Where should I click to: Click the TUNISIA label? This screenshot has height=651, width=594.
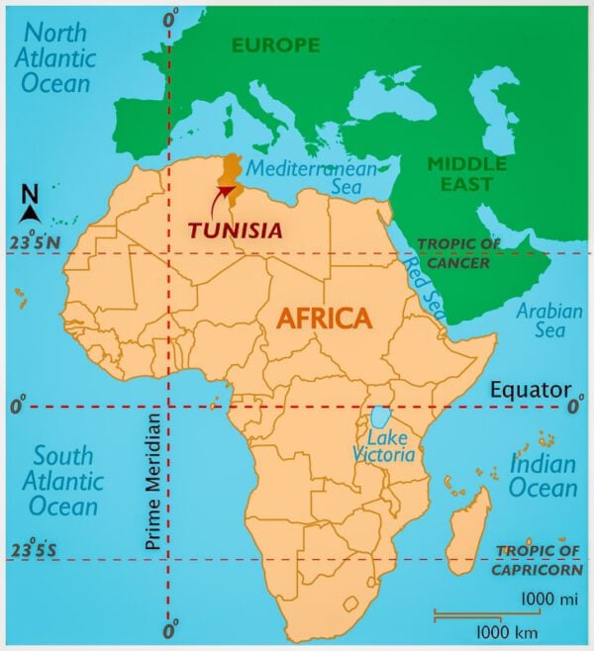tap(235, 230)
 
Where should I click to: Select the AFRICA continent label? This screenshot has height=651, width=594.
tap(324, 318)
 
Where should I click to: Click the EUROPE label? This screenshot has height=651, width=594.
tap(276, 45)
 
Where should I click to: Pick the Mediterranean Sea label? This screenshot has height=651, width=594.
tap(313, 177)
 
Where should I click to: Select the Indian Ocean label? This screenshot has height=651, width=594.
tap(543, 475)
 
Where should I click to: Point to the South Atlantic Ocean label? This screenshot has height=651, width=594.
tap(64, 481)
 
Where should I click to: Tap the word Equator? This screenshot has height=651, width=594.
tap(531, 389)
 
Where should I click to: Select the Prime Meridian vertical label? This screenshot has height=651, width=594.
tap(151, 481)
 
